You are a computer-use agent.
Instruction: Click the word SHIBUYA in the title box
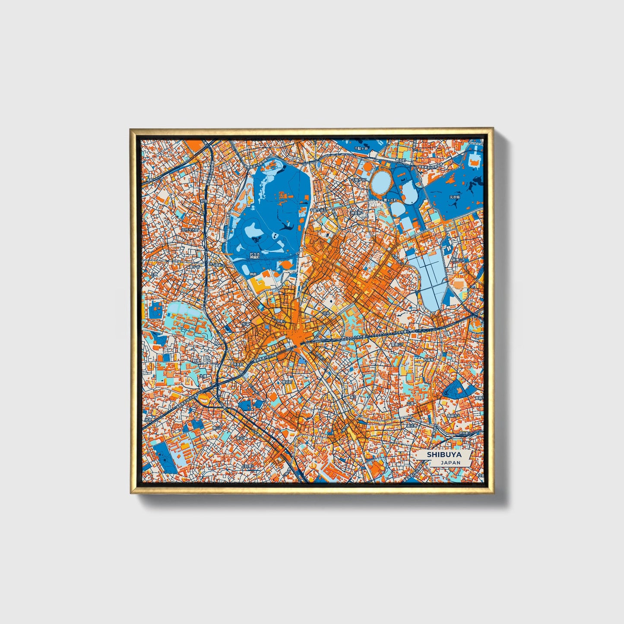coord(444,454)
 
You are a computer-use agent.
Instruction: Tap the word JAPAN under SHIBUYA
coord(450,462)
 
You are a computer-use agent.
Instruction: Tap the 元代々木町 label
coord(190,230)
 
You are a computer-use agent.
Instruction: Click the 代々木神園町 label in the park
coord(255,255)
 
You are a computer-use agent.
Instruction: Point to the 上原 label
coord(155,274)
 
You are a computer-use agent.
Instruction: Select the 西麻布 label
coord(428,359)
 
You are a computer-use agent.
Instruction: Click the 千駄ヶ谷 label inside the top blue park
coord(361,148)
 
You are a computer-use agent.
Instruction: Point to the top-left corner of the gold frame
coord(131,129)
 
